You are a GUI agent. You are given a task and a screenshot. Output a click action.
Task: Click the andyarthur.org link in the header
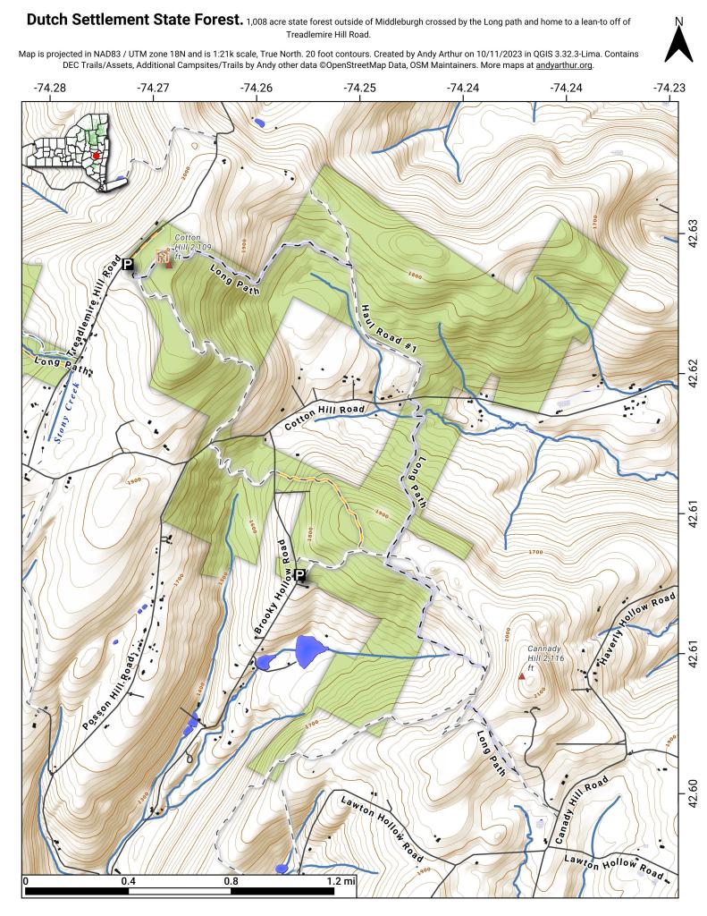564,65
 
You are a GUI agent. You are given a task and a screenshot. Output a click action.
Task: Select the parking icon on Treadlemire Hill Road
128,264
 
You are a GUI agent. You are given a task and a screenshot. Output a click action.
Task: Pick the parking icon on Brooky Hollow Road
300,575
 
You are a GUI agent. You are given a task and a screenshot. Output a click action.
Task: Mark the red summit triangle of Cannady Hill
522,676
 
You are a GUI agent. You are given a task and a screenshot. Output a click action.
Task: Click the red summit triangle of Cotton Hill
168,265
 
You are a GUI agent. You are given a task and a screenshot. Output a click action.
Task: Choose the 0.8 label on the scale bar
231,881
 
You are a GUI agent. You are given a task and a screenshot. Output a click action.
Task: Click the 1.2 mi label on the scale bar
341,881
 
